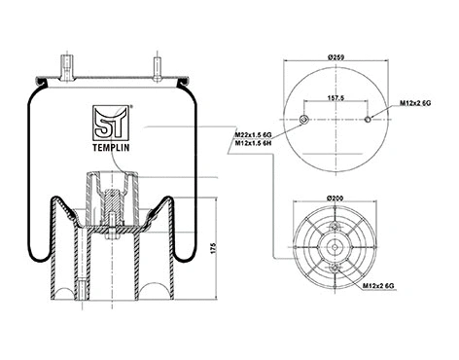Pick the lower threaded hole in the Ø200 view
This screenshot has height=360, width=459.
click(x=335, y=269)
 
